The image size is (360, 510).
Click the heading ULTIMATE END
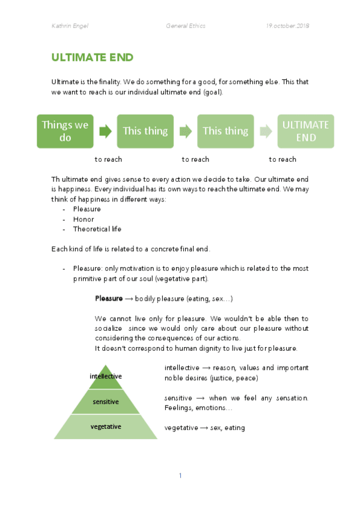pos(92,58)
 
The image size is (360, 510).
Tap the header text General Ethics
pos(186,26)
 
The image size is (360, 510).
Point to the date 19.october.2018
pos(287,26)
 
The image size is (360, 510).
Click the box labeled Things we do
pos(65,131)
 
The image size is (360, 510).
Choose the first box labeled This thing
pos(145,131)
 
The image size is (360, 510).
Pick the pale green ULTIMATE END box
pos(305,131)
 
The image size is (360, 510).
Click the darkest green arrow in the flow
pos(105,131)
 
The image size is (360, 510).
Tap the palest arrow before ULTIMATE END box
pos(265,131)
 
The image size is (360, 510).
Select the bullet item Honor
pos(84,220)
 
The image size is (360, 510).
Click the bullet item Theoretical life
pos(97,229)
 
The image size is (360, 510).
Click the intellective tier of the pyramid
pos(106,376)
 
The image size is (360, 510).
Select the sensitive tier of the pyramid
pos(106,401)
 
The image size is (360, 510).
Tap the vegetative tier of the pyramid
pos(106,426)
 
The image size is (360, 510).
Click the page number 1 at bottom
pos(180,476)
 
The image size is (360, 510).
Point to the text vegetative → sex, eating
pos(204,428)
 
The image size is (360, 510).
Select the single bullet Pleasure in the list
pos(87,209)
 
